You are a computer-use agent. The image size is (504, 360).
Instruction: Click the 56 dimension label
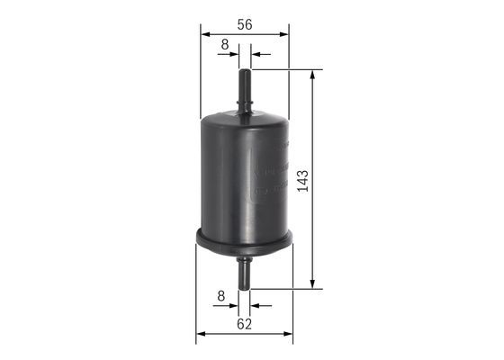[x=244, y=26]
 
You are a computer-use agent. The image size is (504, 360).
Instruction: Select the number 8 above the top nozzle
[x=223, y=42]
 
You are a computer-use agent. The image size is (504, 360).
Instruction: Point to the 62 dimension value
[x=244, y=322]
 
